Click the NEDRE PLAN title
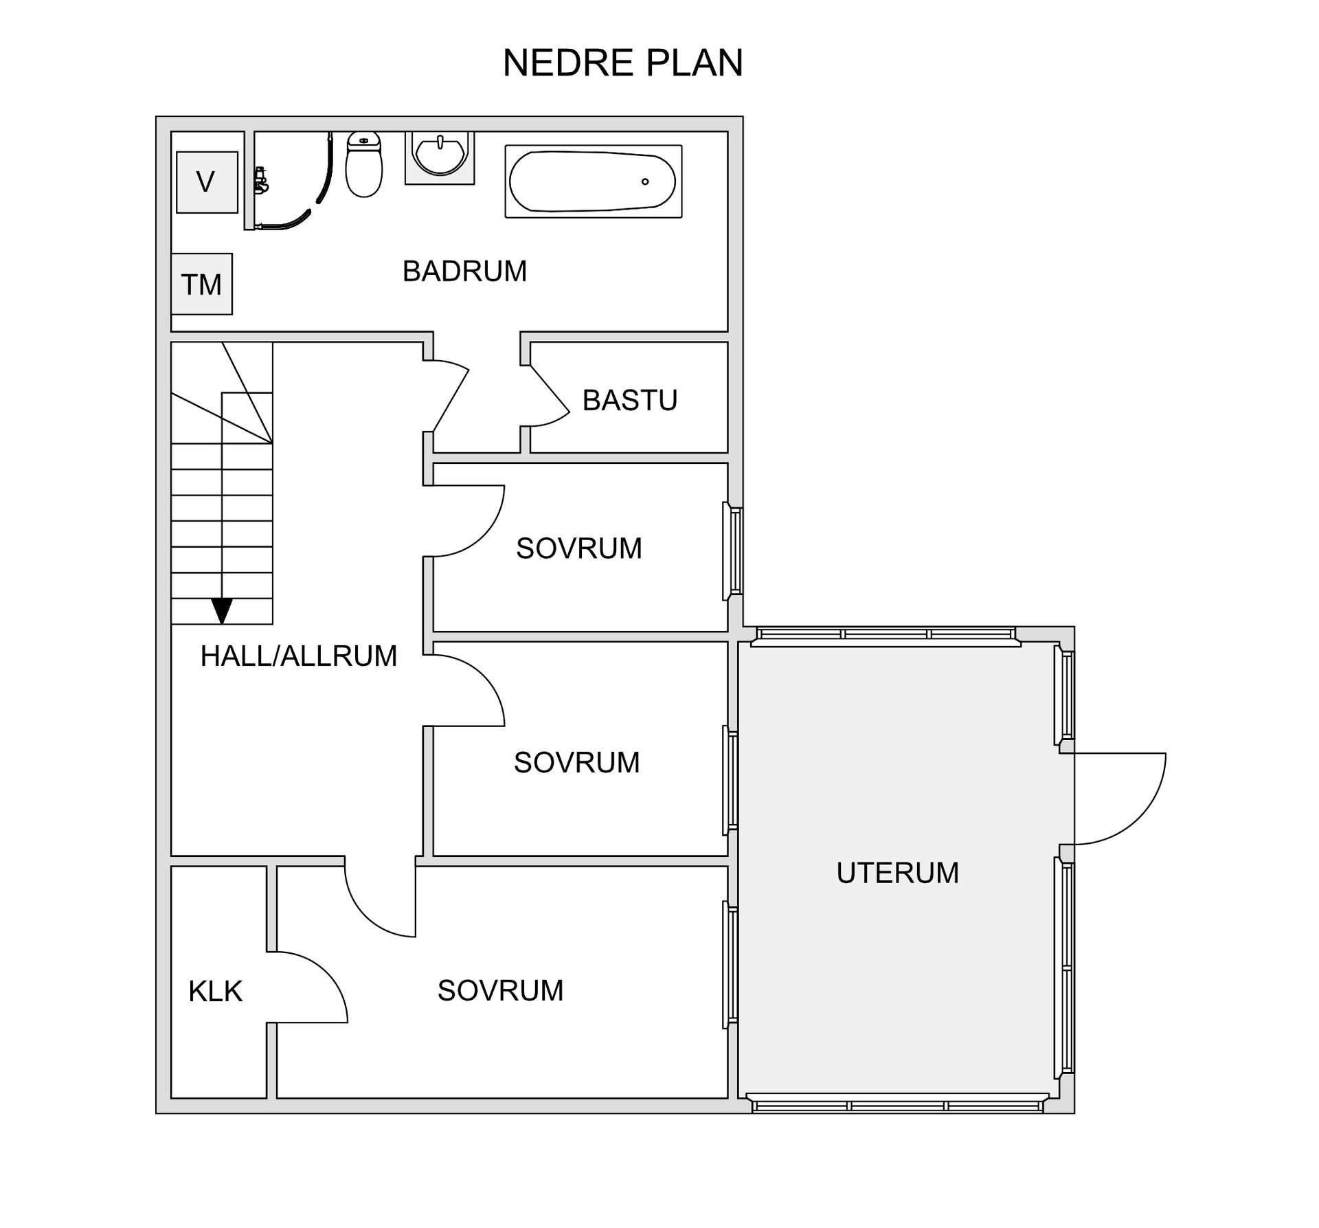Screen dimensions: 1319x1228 622,63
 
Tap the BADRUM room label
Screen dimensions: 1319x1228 464,271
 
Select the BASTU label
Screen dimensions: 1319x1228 630,400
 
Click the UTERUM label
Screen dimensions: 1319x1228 897,873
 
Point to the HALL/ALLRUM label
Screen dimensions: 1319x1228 299,656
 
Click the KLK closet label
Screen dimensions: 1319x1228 216,992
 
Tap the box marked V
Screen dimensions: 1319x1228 207,182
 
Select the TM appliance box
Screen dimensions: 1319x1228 201,284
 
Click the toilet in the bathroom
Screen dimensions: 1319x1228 363,164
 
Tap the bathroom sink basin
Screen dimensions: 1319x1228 440,156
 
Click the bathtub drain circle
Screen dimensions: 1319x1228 645,181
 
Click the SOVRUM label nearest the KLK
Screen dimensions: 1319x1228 500,990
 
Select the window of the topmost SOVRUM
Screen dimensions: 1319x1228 732,551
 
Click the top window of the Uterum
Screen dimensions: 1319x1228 886,636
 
